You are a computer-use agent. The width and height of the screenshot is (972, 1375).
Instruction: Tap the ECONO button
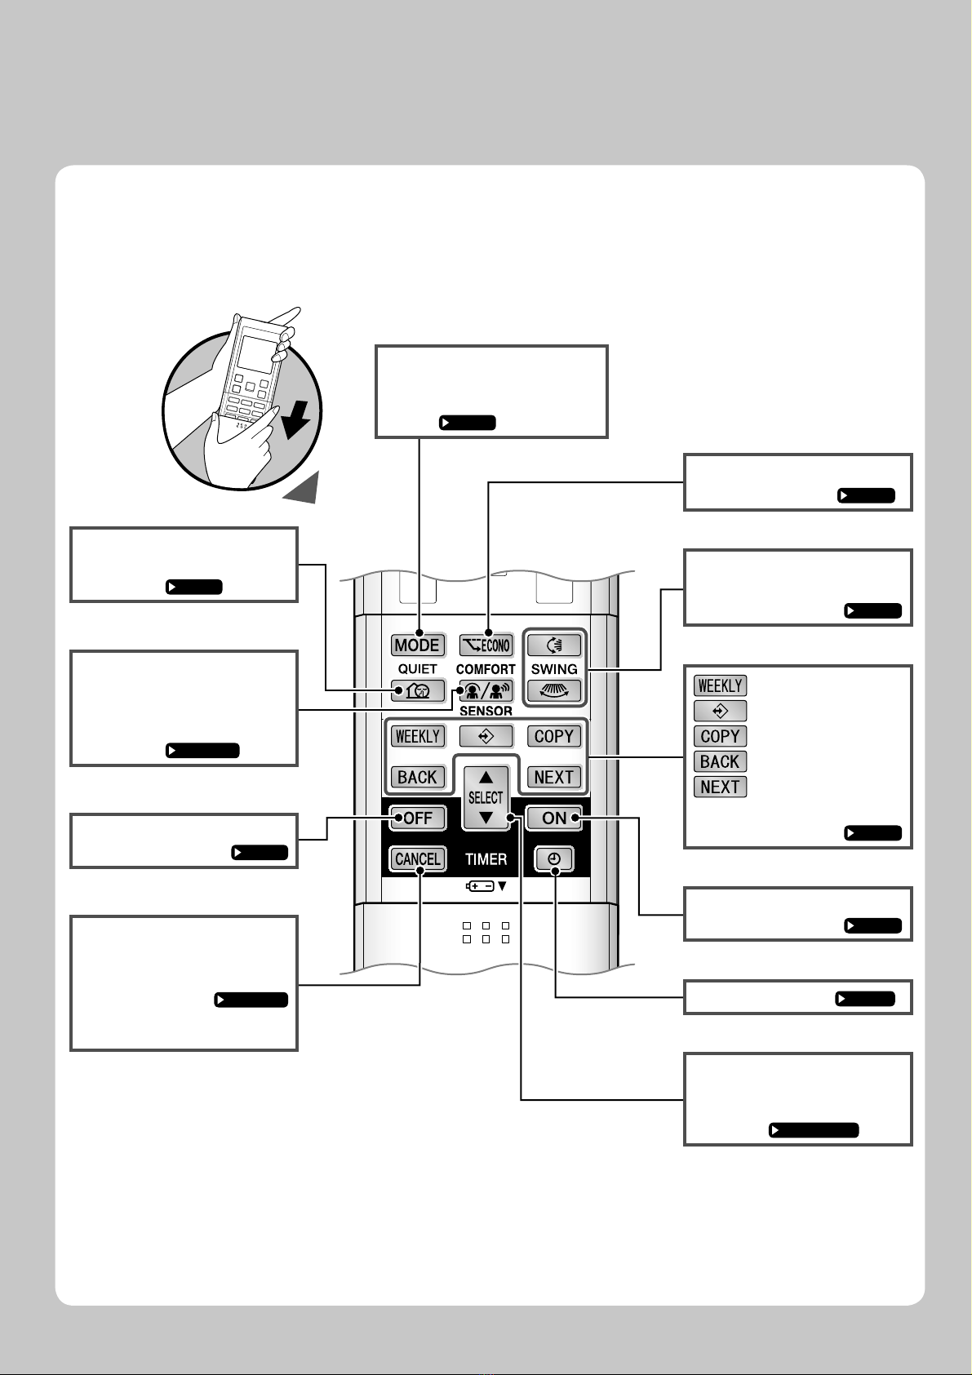[x=486, y=645]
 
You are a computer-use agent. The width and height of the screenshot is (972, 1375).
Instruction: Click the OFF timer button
[x=418, y=818]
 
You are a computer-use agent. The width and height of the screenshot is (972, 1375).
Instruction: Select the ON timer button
[x=554, y=818]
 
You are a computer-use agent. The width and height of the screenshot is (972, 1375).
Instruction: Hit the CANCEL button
[x=418, y=858]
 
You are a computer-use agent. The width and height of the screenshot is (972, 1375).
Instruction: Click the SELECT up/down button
[x=486, y=797]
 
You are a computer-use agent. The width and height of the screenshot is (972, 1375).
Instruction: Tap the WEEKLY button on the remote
[x=418, y=736]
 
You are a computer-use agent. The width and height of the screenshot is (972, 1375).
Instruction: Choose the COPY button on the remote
[x=554, y=736]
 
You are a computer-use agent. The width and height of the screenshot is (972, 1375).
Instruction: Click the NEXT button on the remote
[x=554, y=777]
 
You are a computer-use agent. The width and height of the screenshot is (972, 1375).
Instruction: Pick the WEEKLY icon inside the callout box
[x=721, y=685]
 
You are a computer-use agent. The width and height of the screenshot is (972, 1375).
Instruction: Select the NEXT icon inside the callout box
[x=721, y=787]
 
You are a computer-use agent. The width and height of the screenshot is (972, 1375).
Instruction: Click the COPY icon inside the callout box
[x=721, y=736]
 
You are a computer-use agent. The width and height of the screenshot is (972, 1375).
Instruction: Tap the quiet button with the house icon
[x=418, y=691]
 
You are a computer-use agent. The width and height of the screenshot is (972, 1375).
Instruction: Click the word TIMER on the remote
[x=486, y=859]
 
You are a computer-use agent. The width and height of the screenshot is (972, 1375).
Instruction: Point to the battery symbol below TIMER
[x=481, y=885]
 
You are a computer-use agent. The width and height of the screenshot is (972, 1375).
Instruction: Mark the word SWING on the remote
[x=554, y=668]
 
